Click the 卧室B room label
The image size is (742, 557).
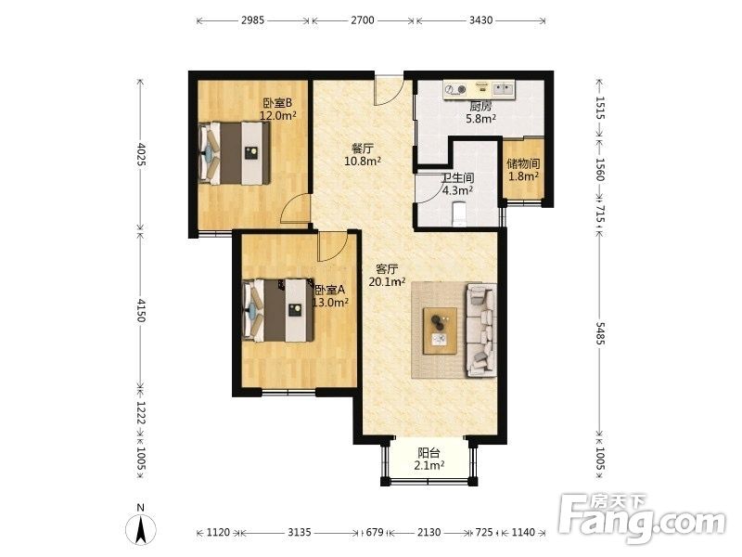(x=277, y=102)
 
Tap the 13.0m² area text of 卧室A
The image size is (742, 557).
(x=331, y=303)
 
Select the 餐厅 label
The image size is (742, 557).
(x=363, y=149)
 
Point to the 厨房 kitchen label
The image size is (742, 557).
(x=480, y=107)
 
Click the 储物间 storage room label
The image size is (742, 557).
(x=523, y=164)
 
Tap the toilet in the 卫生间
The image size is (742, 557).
(x=459, y=214)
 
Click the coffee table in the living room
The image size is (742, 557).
(x=440, y=330)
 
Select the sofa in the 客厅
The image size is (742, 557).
(x=481, y=330)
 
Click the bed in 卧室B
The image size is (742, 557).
(x=235, y=153)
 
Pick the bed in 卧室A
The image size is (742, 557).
(x=278, y=310)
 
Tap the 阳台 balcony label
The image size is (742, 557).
(x=429, y=453)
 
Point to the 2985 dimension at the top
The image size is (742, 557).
(x=252, y=20)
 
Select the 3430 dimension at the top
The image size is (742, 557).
(x=480, y=20)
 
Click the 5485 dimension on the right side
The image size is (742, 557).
(x=600, y=334)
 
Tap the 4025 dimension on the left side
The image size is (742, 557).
(x=141, y=154)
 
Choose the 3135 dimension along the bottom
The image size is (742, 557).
(x=300, y=532)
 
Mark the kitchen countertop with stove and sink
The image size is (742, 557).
(x=480, y=89)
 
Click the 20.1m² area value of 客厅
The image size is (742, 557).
(x=387, y=282)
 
